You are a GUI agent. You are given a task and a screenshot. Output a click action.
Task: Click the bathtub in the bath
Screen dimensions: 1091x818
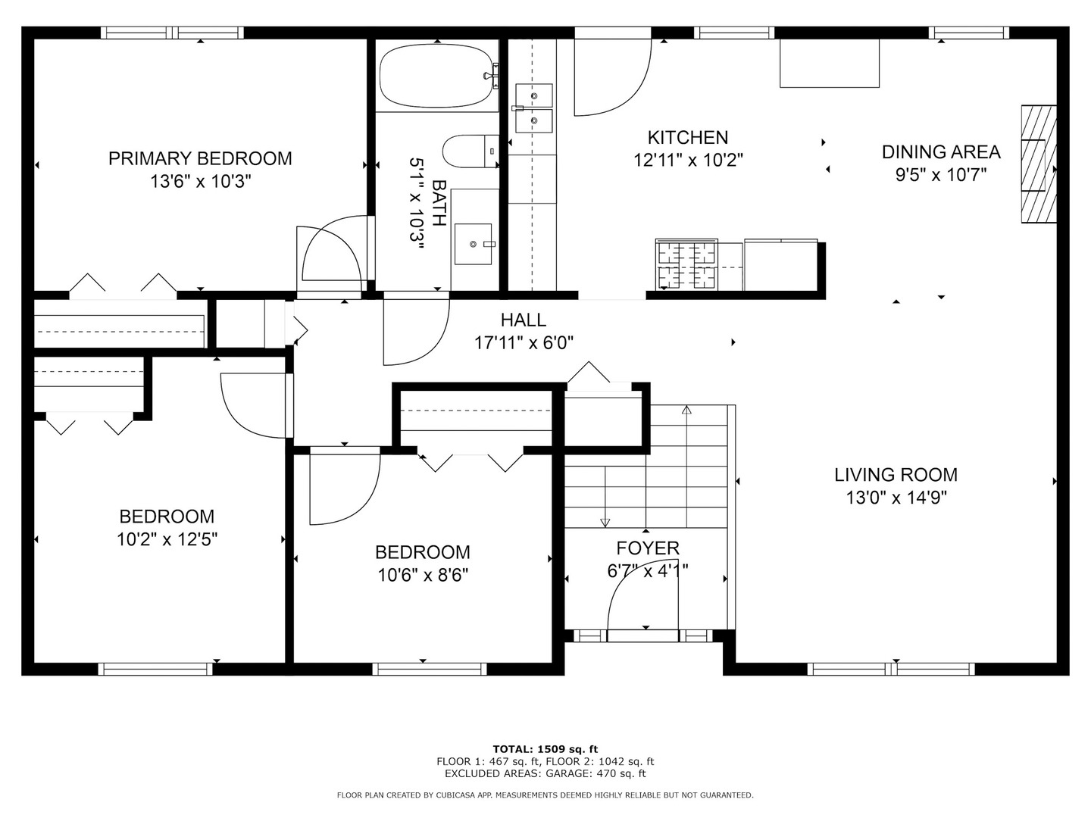437,76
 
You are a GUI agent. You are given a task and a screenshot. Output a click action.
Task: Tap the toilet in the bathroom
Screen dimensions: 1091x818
470,151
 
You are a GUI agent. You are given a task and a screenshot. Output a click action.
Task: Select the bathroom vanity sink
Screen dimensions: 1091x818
473,244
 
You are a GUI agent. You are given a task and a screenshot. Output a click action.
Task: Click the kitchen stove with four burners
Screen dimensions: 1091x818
686,264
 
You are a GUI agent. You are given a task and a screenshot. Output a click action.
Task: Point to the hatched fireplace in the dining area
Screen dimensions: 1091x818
1039,164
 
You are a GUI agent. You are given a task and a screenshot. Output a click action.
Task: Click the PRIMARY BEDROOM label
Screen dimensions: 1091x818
200,158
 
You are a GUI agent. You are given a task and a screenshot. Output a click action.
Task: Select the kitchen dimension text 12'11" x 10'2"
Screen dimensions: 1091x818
688,161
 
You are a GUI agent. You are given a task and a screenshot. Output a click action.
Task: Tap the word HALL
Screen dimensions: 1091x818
524,320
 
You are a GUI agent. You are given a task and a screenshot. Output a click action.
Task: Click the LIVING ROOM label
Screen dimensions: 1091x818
896,475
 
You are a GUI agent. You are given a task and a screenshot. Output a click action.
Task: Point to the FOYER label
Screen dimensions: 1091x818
648,548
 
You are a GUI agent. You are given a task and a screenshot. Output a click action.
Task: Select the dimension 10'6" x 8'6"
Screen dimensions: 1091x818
423,575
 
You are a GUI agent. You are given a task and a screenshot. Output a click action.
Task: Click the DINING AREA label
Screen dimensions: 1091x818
941,152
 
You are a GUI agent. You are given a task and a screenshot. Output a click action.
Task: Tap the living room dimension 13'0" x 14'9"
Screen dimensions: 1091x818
896,497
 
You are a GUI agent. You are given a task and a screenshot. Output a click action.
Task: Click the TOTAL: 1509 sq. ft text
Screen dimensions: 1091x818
545,749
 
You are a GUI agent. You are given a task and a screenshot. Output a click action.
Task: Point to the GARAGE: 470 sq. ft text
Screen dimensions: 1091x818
596,773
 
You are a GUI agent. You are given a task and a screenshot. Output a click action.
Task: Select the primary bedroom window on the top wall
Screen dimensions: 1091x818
173,33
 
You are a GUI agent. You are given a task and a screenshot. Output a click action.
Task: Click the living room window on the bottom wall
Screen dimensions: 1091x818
891,669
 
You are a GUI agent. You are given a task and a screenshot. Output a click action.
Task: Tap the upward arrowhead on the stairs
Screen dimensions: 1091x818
686,410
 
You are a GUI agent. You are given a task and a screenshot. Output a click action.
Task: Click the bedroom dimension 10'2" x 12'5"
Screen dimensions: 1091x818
167,539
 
